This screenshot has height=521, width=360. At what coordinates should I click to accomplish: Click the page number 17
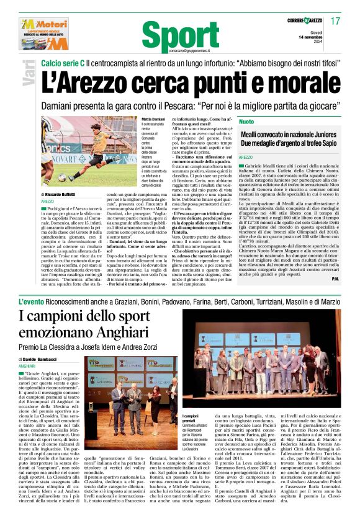click(335, 21)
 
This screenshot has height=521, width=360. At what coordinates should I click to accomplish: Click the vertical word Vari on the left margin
click(28, 77)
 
